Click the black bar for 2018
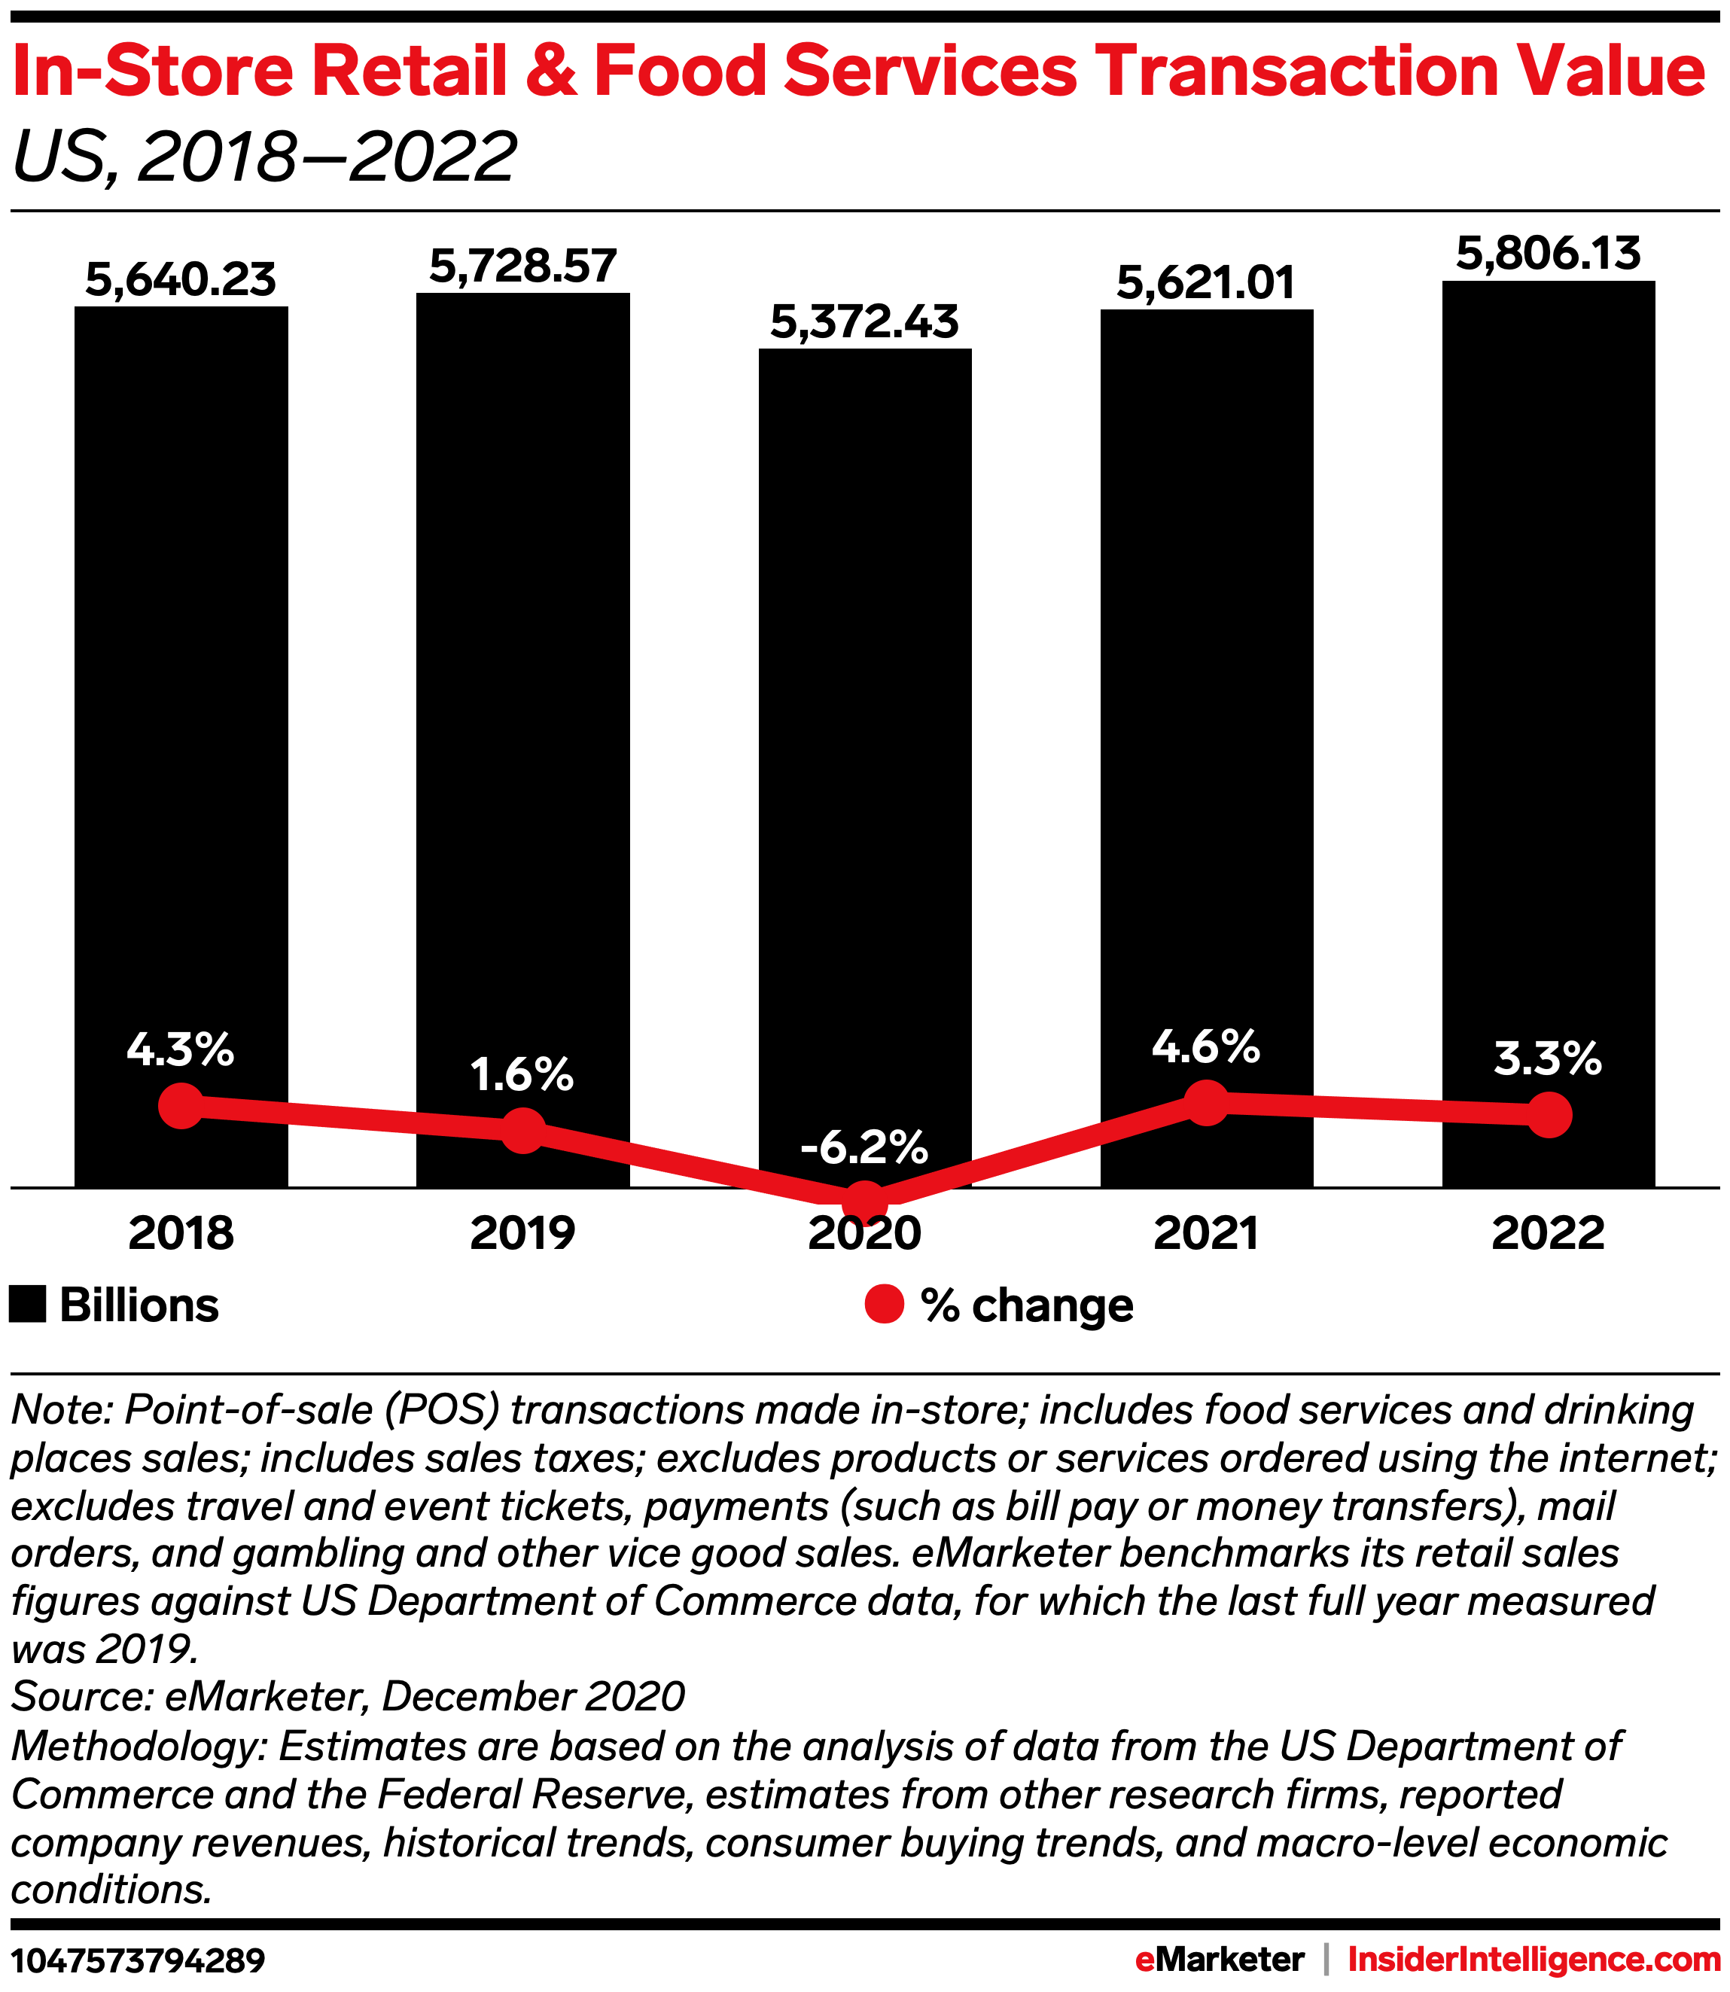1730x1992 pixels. coord(181,676)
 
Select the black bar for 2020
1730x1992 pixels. coord(864,724)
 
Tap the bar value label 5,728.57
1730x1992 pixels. coord(522,267)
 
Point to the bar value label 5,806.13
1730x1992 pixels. coord(1548,254)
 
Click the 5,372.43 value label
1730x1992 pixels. coord(864,321)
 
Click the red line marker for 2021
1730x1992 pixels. coord(1206,1101)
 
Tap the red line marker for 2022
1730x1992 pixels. coord(1549,1115)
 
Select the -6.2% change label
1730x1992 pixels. coord(864,1147)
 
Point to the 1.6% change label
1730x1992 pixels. coord(522,1075)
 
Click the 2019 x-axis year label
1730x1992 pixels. coord(522,1234)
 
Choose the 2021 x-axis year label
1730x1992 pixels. coord(1206,1234)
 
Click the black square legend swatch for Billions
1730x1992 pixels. coord(27,1305)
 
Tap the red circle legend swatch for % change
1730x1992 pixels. coord(883,1305)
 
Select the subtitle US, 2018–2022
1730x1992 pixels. coord(264,157)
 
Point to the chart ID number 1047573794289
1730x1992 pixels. coord(137,1960)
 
